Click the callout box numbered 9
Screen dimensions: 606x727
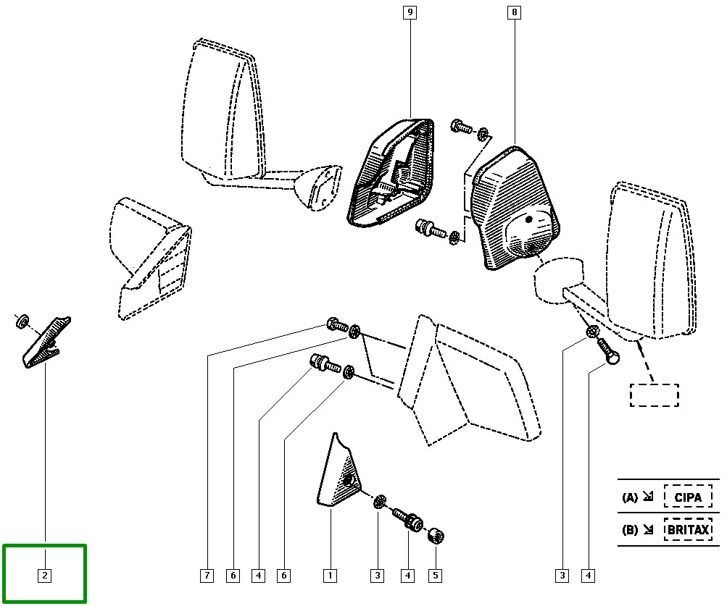click(410, 12)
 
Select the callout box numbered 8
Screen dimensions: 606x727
click(515, 12)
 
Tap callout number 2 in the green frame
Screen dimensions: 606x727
click(45, 576)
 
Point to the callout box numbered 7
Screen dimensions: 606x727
click(207, 576)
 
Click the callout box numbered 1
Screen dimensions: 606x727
click(330, 576)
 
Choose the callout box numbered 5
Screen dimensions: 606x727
click(435, 576)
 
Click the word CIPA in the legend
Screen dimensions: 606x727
click(688, 497)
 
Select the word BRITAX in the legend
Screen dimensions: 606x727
click(688, 530)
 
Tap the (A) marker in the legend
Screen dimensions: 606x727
click(629, 498)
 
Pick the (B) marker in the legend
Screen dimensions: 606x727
click(629, 530)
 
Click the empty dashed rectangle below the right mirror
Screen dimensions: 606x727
click(654, 395)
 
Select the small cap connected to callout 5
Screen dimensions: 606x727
click(436, 536)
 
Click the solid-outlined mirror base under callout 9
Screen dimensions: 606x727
click(391, 174)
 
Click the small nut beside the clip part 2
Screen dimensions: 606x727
click(22, 321)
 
